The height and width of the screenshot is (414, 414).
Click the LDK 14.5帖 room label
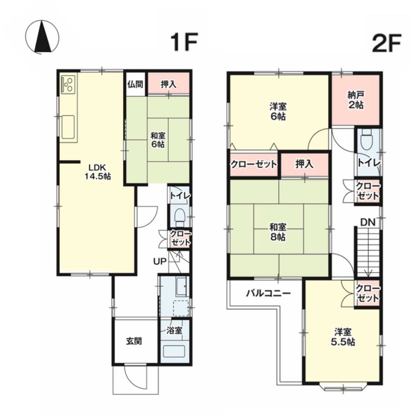(x=97, y=172)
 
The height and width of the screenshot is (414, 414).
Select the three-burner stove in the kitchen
(x=68, y=84)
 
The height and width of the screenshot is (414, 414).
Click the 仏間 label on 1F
(x=135, y=84)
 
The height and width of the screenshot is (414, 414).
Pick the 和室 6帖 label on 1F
(x=158, y=140)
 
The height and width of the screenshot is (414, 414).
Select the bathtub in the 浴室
(x=174, y=351)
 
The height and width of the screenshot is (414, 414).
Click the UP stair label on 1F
(x=160, y=262)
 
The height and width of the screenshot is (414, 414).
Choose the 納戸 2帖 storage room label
(x=356, y=100)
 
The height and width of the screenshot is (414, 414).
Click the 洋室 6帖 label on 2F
(x=278, y=112)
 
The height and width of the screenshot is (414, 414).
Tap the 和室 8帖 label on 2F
(x=277, y=232)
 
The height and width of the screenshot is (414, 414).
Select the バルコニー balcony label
(x=268, y=293)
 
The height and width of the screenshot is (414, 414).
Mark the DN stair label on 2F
(x=368, y=223)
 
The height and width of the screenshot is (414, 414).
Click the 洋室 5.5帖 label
(x=343, y=337)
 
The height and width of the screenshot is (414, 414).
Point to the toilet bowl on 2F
(x=367, y=140)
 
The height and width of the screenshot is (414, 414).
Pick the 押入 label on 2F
(x=304, y=164)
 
